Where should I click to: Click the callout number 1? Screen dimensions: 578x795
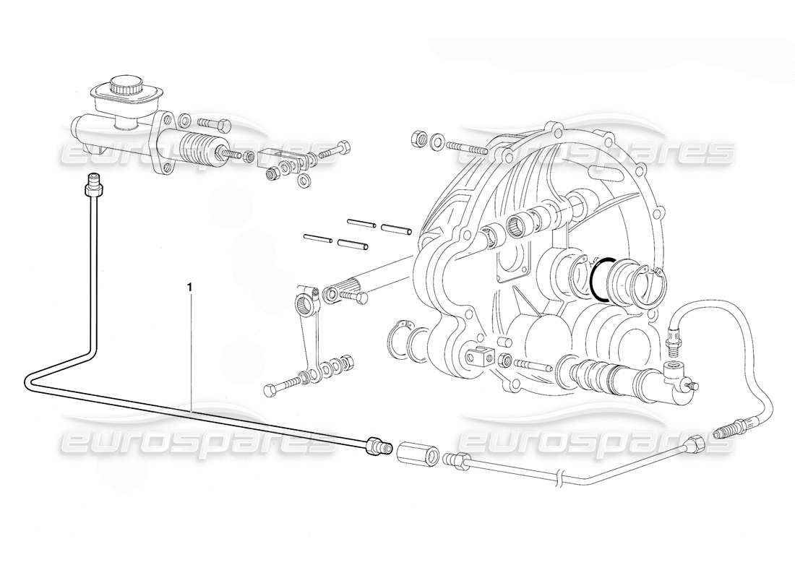point(189,287)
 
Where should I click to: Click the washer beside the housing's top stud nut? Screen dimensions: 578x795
point(437,141)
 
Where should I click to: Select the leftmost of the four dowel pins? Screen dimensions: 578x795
point(317,236)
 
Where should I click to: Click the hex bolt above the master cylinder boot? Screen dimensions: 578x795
point(212,123)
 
